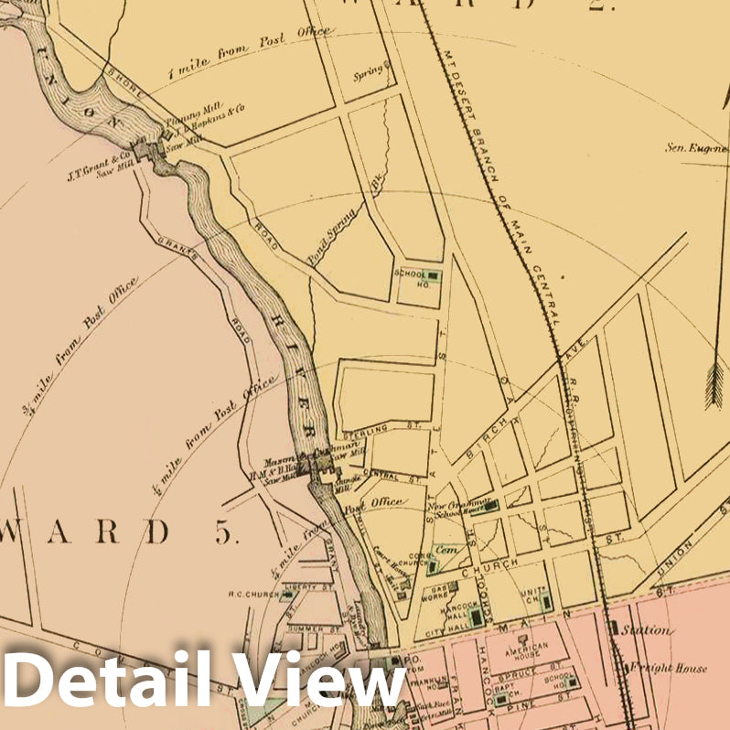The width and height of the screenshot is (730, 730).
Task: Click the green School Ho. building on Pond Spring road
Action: [432, 275]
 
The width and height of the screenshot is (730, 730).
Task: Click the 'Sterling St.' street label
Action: [367, 428]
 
